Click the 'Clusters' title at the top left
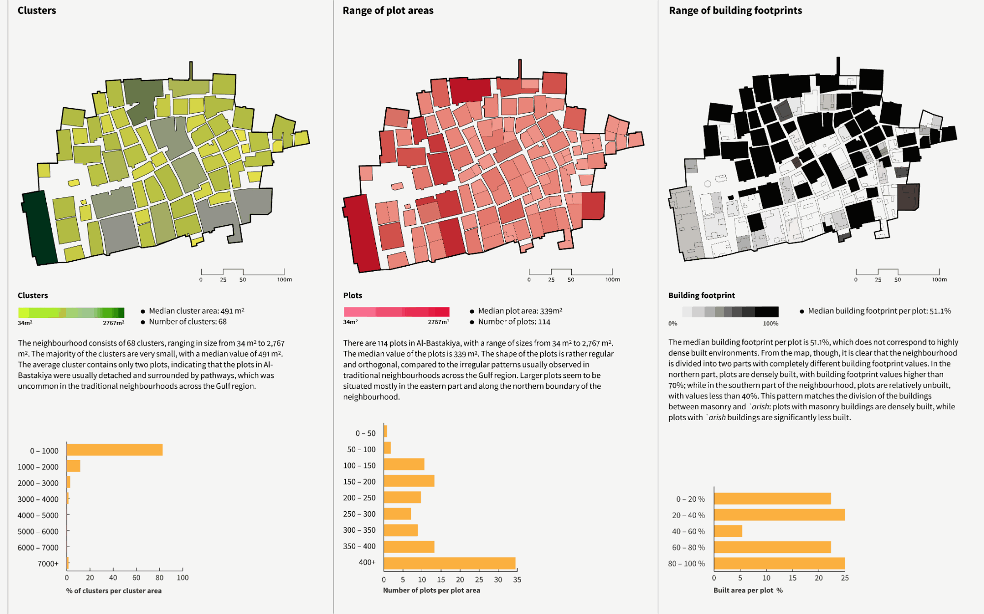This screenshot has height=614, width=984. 37,10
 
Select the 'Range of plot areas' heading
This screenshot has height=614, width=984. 388,10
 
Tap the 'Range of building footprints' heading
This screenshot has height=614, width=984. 735,10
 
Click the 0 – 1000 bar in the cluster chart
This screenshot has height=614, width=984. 115,450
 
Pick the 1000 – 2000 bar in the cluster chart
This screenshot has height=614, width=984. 73,466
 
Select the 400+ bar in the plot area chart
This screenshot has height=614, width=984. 449,563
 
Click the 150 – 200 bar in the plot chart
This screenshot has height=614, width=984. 409,481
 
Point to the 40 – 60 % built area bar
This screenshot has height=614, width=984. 728,531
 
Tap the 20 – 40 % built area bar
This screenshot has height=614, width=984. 779,515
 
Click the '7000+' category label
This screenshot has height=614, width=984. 48,563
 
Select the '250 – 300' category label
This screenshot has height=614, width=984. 359,514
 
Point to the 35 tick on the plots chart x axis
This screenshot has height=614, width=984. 517,580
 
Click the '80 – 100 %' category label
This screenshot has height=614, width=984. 686,563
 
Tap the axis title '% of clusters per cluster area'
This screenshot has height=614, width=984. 114,590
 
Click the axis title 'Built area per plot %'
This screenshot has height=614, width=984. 748,590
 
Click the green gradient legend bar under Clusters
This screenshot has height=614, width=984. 71,312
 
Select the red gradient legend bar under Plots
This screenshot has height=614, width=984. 397,312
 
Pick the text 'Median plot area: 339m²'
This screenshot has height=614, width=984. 520,311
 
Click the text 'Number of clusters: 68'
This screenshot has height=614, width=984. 187,322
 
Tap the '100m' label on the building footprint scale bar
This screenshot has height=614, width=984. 939,279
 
